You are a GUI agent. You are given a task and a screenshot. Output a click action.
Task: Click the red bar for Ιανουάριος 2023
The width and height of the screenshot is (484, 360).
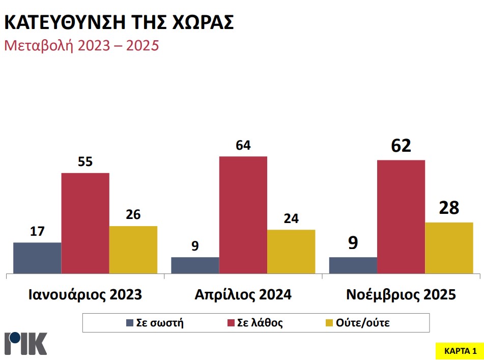point(85,223)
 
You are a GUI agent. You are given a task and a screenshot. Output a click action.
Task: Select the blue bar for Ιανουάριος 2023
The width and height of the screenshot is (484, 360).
point(37,258)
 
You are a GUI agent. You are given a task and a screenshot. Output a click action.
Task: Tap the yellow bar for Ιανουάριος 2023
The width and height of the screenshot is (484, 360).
point(133,250)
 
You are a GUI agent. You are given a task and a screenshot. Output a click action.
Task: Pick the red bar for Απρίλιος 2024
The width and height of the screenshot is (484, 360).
point(243,214)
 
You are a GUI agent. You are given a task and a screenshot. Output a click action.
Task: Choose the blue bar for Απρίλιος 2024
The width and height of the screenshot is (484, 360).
point(195,265)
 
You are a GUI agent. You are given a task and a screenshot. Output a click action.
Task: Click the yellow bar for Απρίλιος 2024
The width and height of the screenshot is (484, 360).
point(291,252)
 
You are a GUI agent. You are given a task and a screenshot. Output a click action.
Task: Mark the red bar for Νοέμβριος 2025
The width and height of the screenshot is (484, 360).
point(401,216)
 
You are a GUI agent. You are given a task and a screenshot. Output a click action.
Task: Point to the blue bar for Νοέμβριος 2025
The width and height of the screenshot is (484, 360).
point(353,265)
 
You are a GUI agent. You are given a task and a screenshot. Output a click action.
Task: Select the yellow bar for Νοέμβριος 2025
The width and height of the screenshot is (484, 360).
point(449,247)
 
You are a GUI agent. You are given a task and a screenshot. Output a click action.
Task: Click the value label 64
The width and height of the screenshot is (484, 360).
point(243,146)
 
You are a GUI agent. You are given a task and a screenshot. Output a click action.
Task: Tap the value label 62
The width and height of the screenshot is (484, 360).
point(401,147)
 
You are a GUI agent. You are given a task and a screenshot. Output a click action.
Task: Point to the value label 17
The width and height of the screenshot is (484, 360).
point(37,232)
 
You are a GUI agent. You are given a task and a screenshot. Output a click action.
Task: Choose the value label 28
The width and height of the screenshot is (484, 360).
point(449,208)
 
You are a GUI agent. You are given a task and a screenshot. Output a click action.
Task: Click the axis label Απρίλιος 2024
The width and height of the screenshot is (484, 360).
point(243,295)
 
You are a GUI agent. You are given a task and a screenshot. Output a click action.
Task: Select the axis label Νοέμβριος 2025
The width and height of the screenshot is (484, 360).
point(401,295)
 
